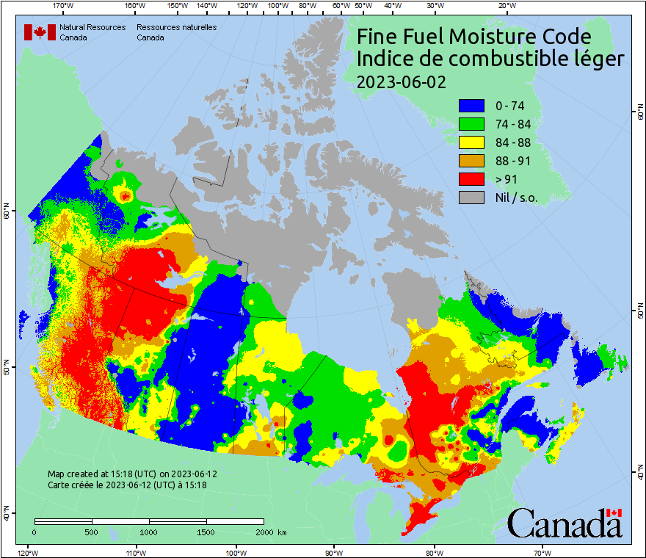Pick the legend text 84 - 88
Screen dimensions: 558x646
point(515,142)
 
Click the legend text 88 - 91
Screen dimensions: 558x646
point(515,161)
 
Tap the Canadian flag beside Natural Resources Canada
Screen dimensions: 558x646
point(40,32)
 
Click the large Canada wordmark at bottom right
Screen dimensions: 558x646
point(565,523)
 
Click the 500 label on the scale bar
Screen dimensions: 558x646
point(92,532)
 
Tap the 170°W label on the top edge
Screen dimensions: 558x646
point(64,6)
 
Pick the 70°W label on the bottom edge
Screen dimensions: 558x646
point(542,551)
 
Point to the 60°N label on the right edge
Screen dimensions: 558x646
point(639,113)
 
